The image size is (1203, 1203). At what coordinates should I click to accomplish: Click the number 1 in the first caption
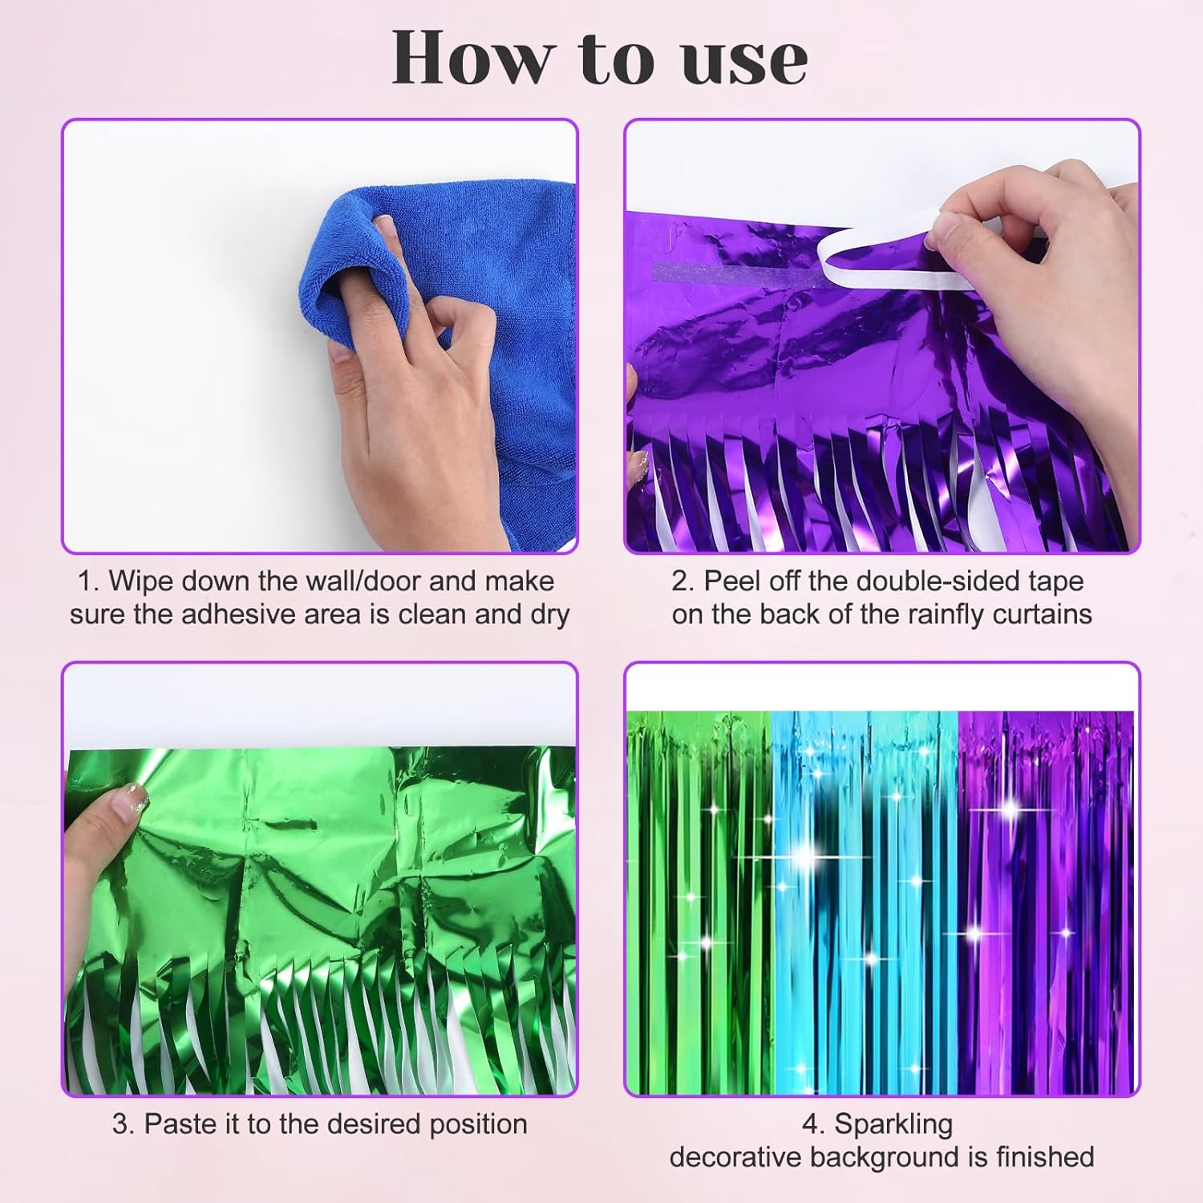(84, 581)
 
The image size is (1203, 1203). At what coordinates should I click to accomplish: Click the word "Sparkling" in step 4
(893, 1125)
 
